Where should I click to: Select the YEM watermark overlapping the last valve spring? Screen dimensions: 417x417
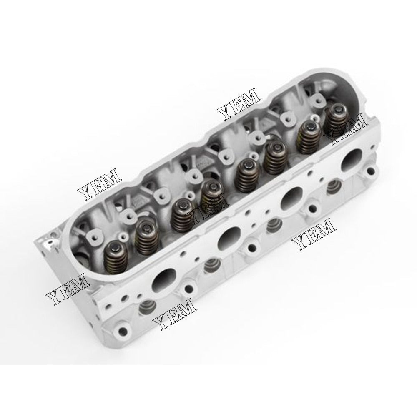tap(348, 129)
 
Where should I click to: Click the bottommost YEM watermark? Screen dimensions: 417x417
tap(175, 315)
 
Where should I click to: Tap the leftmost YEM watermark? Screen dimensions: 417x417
tap(67, 288)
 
